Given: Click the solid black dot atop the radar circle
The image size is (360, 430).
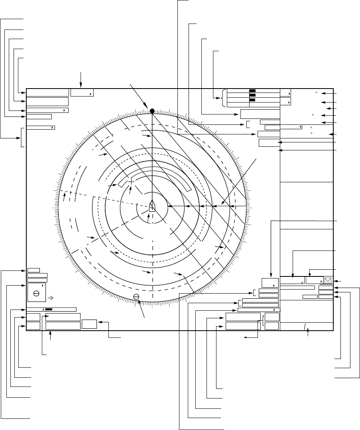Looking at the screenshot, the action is click(x=152, y=110).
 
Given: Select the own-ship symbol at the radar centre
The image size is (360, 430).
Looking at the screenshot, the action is click(x=152, y=206).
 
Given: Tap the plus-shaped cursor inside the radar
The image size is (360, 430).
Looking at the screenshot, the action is click(x=131, y=181).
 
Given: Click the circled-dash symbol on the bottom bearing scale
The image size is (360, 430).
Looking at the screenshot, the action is click(x=136, y=296).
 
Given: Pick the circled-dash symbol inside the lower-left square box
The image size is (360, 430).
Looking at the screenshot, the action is click(x=36, y=293).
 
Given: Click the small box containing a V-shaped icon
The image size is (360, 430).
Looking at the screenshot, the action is click(x=329, y=280).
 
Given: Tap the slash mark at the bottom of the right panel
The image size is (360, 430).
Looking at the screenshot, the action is click(x=306, y=327).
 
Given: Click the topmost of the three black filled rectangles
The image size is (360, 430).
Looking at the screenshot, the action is click(x=252, y=91).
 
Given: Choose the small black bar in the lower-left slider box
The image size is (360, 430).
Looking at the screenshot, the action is click(x=49, y=309).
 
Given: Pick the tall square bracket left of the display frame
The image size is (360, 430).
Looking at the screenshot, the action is click(x=21, y=137).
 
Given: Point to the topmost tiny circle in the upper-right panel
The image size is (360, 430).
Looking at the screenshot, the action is click(x=316, y=93).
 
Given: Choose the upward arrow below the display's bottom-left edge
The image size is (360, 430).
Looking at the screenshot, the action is click(x=51, y=337).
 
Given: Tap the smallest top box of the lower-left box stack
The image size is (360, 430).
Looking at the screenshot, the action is click(x=34, y=270).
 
